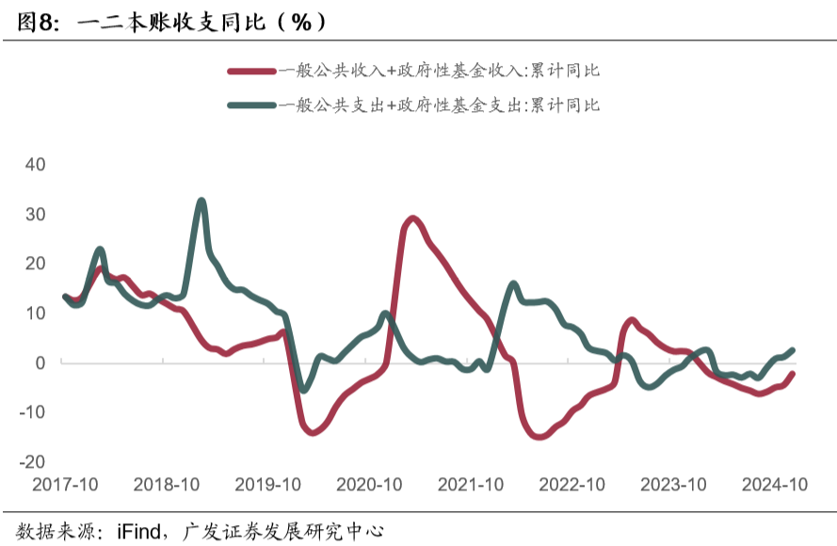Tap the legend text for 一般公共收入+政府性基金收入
(x=439, y=71)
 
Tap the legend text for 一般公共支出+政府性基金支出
(x=439, y=105)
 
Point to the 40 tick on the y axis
(x=35, y=164)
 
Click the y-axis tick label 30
(x=35, y=214)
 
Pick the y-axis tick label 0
(x=40, y=362)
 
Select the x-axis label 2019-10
(x=267, y=485)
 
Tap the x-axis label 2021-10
(x=471, y=485)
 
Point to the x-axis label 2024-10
(x=775, y=485)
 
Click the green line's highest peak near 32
(x=201, y=201)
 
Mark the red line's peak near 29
(x=412, y=218)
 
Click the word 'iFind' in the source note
(x=137, y=531)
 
